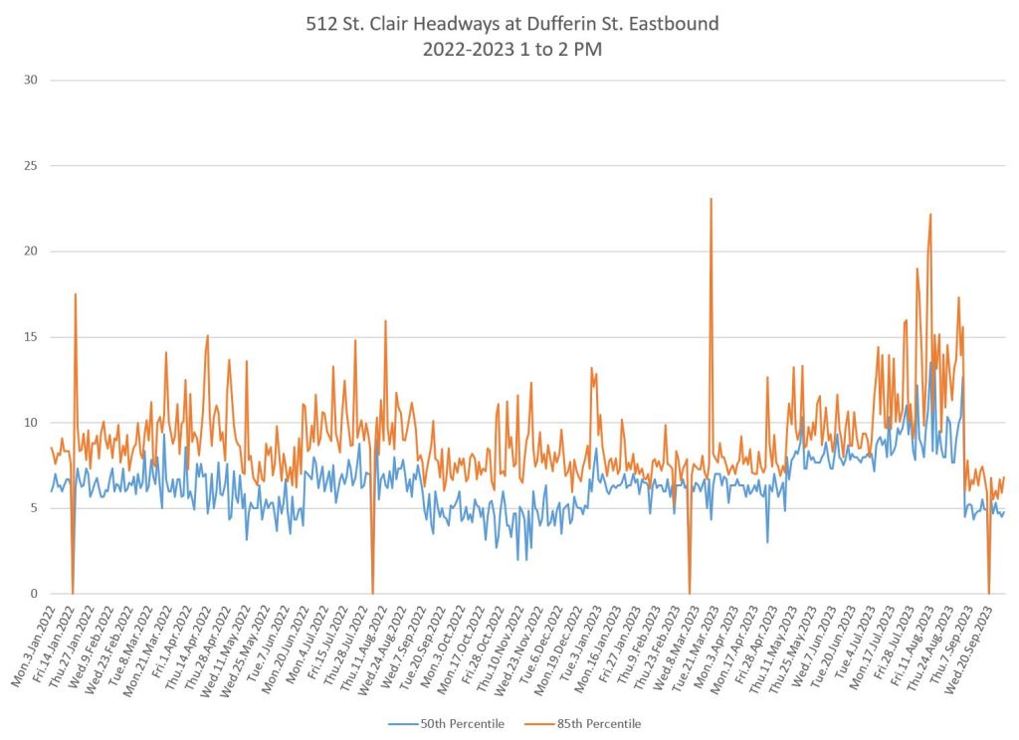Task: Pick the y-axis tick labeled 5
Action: tap(33, 508)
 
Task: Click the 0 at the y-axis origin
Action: tap(33, 594)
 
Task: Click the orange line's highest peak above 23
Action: tap(711, 199)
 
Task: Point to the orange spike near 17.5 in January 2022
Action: tap(75, 294)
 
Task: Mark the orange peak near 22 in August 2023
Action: tap(930, 215)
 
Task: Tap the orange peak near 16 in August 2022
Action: tap(385, 321)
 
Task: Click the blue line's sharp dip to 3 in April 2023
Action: tap(767, 542)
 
